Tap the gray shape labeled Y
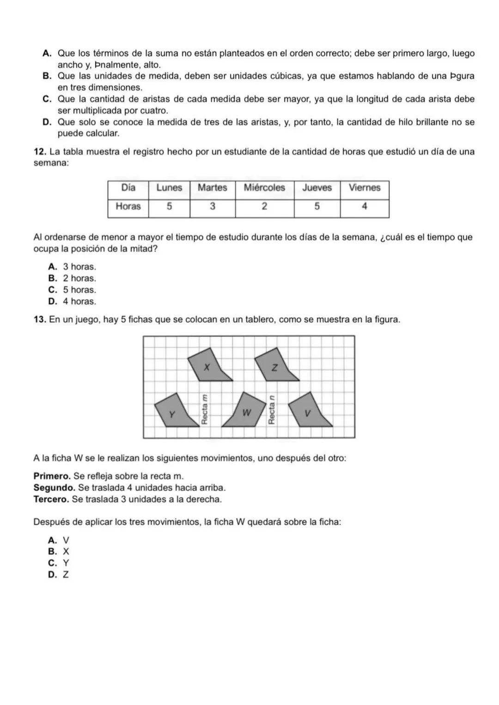point(174,412)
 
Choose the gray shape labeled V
point(308,411)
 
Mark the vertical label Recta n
point(272,410)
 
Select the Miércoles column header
point(264,188)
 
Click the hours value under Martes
point(213,207)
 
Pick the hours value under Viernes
point(364,207)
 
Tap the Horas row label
point(128,207)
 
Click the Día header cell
point(128,188)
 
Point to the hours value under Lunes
point(169,207)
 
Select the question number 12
point(40,152)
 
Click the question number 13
point(40,319)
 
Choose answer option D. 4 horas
point(72,302)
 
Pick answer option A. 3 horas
point(72,267)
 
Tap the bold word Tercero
point(51,499)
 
